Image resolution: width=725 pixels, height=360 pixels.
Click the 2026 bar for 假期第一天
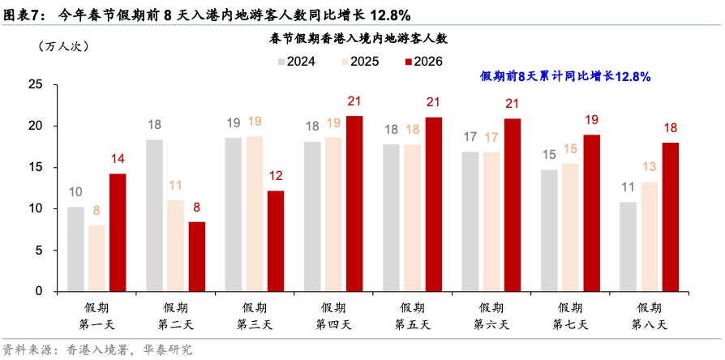(118, 233)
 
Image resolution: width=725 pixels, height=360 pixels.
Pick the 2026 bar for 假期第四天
(354, 204)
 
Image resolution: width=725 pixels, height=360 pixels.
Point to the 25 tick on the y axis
(36, 84)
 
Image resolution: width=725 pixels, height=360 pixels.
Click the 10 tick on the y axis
(36, 208)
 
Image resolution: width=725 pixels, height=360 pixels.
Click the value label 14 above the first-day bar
(118, 159)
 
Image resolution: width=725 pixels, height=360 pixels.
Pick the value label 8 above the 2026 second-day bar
(197, 207)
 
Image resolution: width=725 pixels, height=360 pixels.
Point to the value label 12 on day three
(276, 176)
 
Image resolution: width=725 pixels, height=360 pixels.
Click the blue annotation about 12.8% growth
(565, 76)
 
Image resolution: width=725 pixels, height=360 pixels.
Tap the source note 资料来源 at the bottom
(97, 350)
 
